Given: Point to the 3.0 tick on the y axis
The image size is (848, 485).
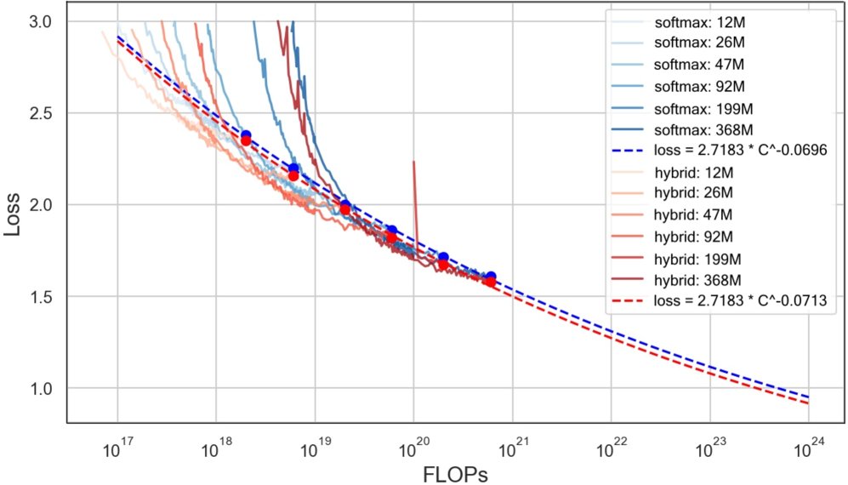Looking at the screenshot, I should click(x=41, y=20).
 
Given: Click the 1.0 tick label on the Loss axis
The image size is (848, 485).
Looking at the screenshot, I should click(x=41, y=389).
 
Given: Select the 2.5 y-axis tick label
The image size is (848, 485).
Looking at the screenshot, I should click(x=41, y=113).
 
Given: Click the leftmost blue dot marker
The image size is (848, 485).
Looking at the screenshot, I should click(x=246, y=135).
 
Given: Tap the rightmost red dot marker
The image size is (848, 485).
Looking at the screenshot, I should click(x=490, y=282).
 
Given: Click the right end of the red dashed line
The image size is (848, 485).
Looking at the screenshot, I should click(x=807, y=402).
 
